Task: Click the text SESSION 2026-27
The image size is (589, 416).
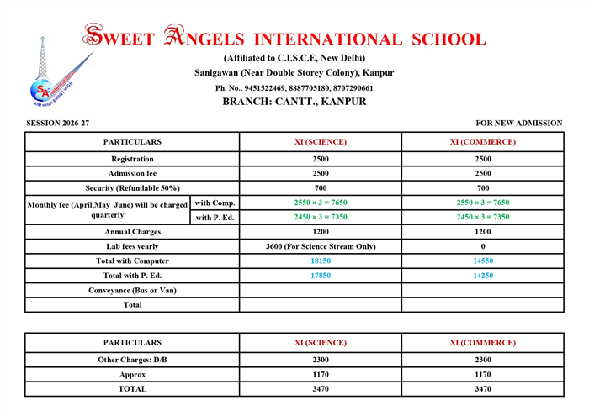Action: (57, 124)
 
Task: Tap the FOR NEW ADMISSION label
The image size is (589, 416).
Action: (519, 124)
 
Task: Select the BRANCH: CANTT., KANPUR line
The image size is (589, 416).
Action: (294, 102)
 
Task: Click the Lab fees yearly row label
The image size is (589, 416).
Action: (132, 246)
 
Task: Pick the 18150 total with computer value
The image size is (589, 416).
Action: (321, 261)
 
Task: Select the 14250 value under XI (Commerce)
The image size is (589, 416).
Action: (482, 276)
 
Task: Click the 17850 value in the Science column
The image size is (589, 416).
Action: (321, 276)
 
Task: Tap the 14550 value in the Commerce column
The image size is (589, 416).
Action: (482, 261)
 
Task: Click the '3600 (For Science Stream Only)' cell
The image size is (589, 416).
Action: (321, 246)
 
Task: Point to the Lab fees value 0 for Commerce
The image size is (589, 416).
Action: (482, 246)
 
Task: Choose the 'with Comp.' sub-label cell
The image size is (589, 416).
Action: (215, 203)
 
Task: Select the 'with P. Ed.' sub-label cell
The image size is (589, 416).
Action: (215, 217)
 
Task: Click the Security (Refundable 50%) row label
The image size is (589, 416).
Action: (132, 187)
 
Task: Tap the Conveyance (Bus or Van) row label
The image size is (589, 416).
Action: (132, 290)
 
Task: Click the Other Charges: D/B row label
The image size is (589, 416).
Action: (132, 359)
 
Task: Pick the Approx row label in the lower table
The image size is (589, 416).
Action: (132, 374)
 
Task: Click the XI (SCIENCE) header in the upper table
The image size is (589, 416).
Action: (321, 142)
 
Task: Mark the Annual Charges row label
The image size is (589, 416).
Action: (132, 231)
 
